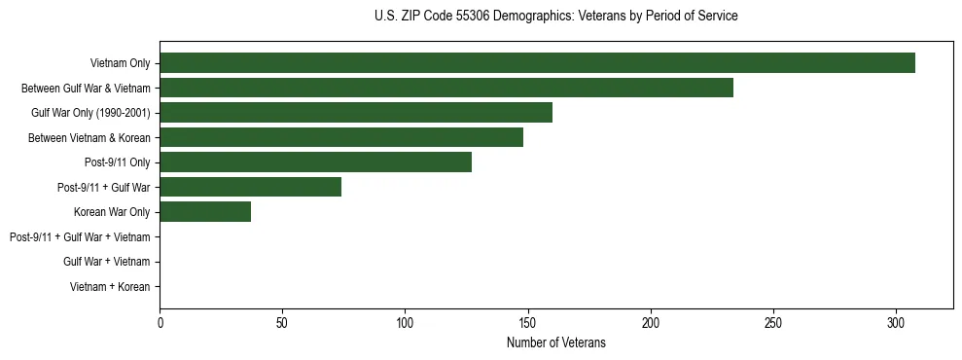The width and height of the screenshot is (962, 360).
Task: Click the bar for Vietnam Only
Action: point(537,63)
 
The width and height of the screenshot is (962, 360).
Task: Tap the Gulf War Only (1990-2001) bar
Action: point(356,113)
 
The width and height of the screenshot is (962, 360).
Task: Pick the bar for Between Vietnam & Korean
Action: point(341,137)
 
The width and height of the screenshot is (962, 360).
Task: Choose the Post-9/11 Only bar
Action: point(315,162)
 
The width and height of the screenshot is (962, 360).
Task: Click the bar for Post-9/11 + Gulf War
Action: point(250,187)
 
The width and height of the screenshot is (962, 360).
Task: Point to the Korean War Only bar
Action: point(205,212)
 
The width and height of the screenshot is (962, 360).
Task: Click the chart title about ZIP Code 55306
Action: point(555,17)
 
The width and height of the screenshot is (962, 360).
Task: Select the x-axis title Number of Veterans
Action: point(555,342)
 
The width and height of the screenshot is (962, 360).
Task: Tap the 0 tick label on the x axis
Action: point(160,322)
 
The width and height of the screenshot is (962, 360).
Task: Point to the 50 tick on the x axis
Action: point(282,322)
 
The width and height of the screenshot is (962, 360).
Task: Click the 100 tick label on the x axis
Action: point(405,322)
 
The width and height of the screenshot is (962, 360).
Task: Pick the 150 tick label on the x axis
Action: point(528,322)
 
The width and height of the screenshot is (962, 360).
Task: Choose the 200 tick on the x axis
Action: point(651,322)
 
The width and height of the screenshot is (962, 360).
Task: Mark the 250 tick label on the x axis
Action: point(773,322)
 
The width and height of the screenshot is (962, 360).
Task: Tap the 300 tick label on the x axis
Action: point(896,322)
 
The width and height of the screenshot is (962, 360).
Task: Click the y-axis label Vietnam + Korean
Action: point(110,287)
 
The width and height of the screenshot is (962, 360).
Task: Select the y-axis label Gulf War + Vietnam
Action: point(107,262)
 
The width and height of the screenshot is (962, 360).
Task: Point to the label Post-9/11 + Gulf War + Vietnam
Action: point(80,237)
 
